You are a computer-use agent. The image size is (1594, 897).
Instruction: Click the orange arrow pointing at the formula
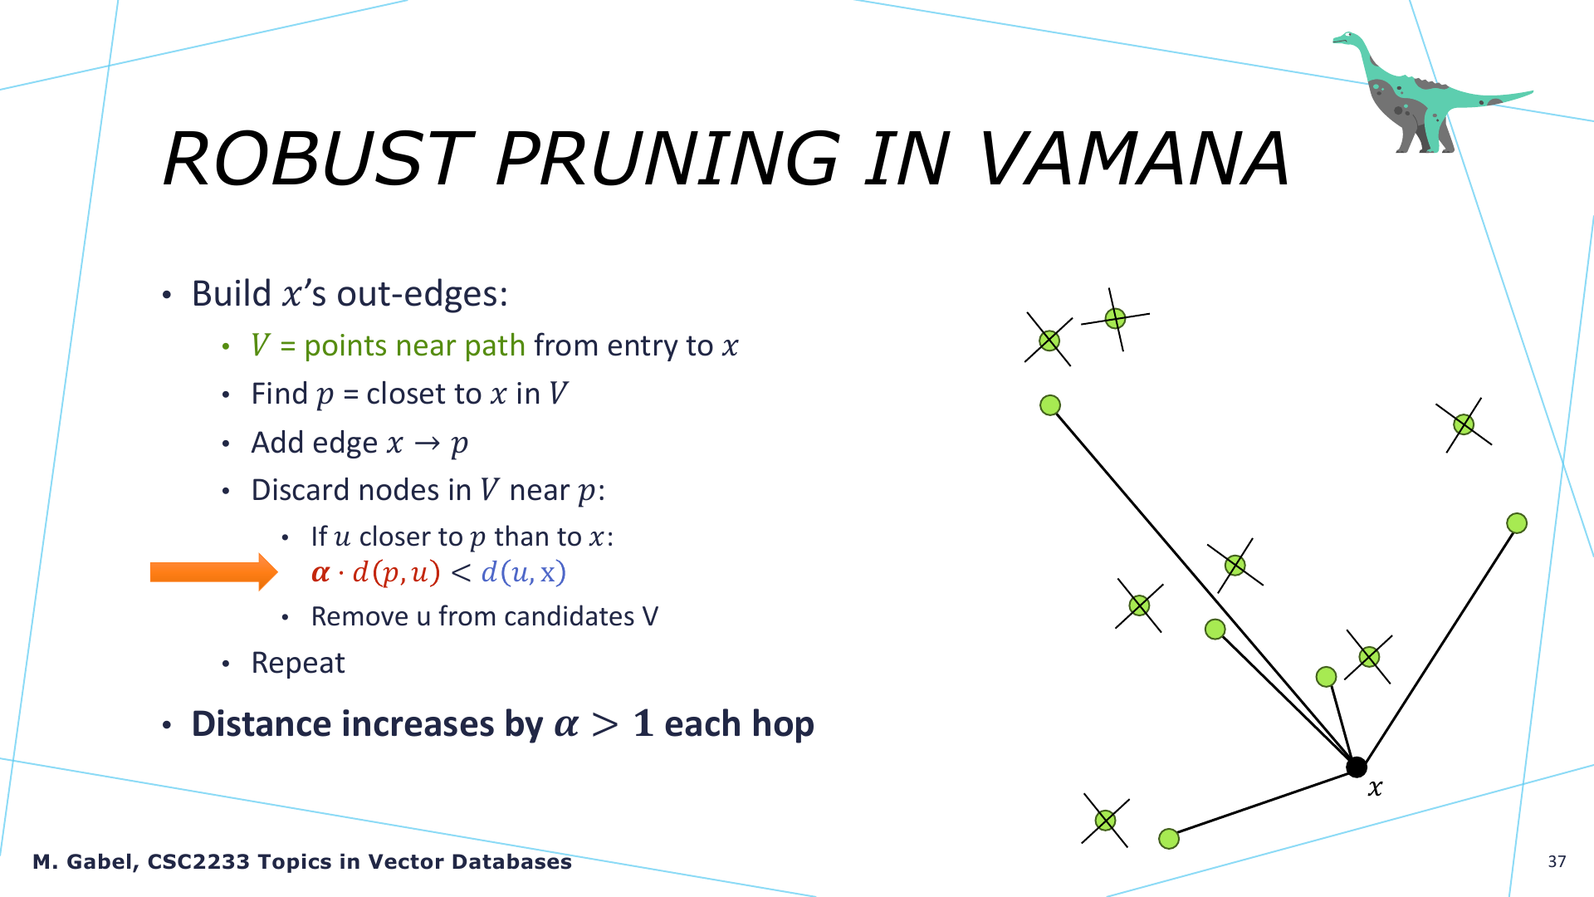tap(213, 572)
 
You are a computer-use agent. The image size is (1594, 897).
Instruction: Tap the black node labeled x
tap(1357, 767)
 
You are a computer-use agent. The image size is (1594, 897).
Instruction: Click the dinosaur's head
tap(1347, 38)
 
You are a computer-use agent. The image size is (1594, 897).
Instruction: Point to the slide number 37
tap(1557, 861)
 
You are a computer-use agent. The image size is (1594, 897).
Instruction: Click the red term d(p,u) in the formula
tap(396, 573)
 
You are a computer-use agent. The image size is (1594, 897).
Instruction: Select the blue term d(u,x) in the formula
tap(524, 573)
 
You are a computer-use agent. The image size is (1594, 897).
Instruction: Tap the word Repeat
tap(298, 664)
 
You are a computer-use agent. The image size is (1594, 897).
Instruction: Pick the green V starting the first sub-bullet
tap(261, 346)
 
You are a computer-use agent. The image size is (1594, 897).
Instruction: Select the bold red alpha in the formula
tap(320, 573)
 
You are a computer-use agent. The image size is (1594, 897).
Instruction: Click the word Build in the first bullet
tap(232, 293)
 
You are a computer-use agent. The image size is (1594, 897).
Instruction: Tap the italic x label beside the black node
tap(1376, 788)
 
